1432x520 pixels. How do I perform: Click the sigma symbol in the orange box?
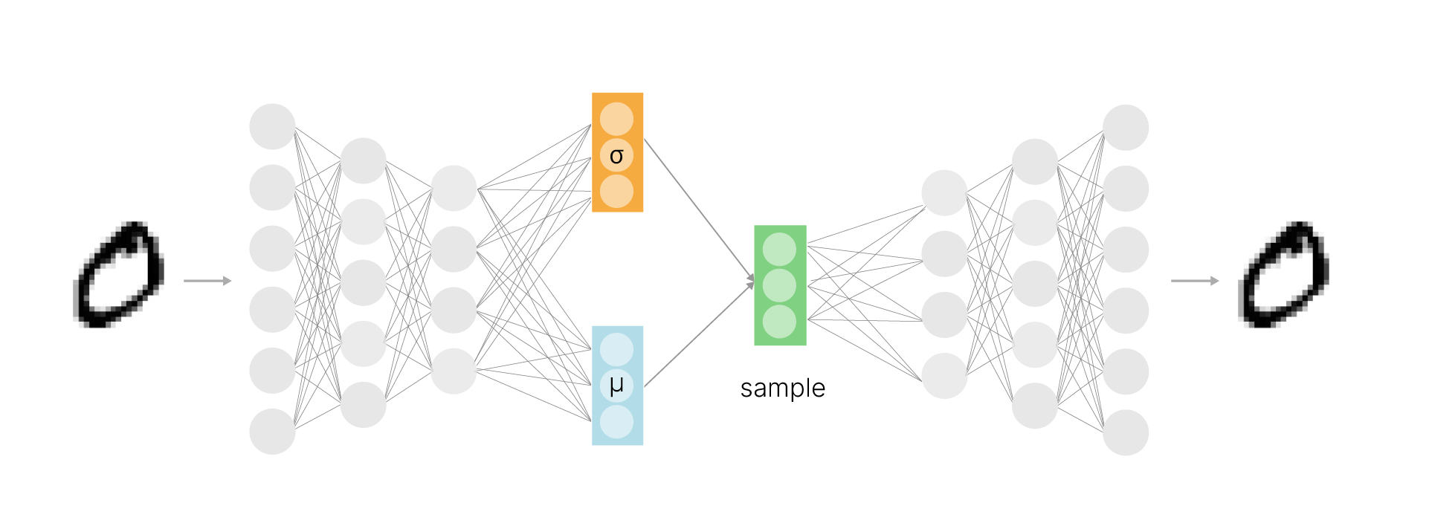click(x=616, y=156)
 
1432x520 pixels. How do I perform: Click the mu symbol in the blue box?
click(x=616, y=386)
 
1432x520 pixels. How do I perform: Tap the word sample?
click(x=782, y=389)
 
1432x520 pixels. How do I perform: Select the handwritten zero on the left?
click(x=119, y=275)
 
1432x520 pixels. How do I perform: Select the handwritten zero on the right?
click(x=1284, y=275)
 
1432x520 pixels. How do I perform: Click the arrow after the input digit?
click(x=207, y=281)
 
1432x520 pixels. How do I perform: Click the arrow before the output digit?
click(x=1195, y=281)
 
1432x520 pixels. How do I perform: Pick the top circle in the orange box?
click(x=616, y=119)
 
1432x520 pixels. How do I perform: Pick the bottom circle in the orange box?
click(x=616, y=191)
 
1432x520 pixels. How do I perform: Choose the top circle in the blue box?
click(x=616, y=349)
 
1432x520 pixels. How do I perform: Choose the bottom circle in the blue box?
click(x=616, y=422)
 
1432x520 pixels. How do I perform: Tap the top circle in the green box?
click(x=779, y=250)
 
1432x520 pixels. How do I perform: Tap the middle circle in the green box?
click(x=779, y=285)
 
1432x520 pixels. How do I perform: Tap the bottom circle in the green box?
click(x=779, y=322)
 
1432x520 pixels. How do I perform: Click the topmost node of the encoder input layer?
click(x=272, y=126)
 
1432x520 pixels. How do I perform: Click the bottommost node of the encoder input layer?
click(x=272, y=431)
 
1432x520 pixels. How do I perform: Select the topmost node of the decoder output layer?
click(x=1126, y=127)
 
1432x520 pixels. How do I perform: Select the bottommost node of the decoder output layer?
click(x=1126, y=432)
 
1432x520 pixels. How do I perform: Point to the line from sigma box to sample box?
click(x=699, y=209)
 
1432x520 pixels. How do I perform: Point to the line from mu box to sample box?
click(x=699, y=335)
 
